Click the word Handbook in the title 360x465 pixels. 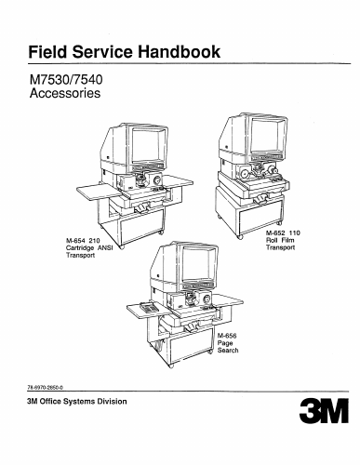click(179, 51)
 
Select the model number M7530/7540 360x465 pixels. click(66, 80)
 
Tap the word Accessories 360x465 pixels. click(65, 93)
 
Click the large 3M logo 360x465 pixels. click(324, 410)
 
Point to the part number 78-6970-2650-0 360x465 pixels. click(46, 387)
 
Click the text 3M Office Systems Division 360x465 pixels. click(77, 402)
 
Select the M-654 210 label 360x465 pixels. click(83, 241)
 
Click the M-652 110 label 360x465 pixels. click(283, 232)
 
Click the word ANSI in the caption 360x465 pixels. click(105, 248)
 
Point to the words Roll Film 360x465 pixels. click(280, 240)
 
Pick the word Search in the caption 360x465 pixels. click(228, 351)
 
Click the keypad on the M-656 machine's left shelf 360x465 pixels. click(149, 307)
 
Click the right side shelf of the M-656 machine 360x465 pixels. click(228, 300)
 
